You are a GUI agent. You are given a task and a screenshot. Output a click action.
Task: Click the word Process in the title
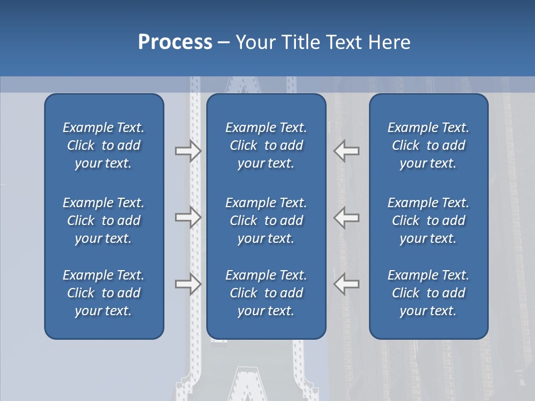[175, 42]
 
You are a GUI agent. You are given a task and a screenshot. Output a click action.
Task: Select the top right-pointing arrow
[188, 151]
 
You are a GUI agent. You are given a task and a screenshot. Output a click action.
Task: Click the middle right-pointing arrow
[188, 217]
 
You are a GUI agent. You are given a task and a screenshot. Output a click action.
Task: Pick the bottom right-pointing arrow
[188, 284]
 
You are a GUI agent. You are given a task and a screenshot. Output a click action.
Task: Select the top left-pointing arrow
[347, 151]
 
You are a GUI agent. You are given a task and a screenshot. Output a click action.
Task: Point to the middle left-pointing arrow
[347, 217]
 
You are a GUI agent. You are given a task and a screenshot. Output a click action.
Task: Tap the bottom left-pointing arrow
[347, 284]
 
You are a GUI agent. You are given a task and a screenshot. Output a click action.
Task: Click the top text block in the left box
[104, 145]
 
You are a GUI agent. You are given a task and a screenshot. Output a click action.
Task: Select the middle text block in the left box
[104, 221]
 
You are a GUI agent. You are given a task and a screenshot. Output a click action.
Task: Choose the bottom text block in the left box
[104, 293]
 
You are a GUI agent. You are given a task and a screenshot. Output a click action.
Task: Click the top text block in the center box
[266, 145]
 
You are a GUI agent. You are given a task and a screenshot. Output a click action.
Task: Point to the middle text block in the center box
[266, 221]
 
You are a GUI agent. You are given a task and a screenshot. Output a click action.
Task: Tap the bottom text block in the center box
[266, 293]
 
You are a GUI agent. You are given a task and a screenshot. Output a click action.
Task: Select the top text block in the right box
[428, 145]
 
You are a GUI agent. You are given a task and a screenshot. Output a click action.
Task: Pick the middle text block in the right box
[428, 221]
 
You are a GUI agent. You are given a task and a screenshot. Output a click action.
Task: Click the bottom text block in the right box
[428, 293]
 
